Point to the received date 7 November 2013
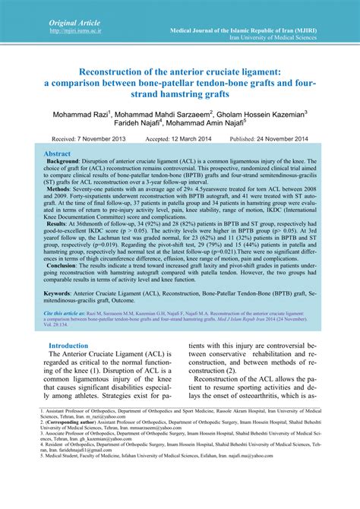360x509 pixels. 105,140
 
